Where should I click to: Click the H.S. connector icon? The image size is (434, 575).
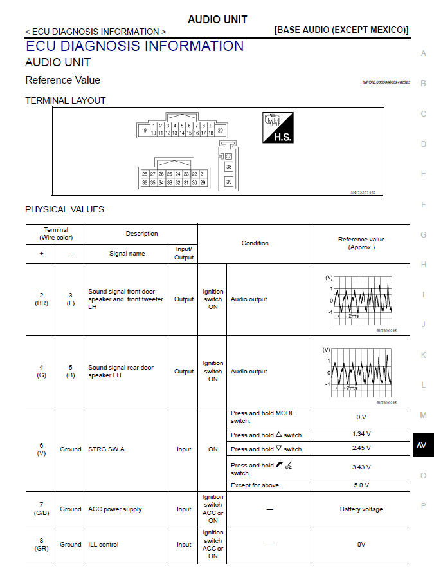coord(278,127)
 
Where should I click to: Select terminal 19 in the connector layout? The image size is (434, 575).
coord(144,130)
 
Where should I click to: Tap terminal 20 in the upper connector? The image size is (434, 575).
coord(220,130)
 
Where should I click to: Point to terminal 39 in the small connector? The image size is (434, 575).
coord(228,182)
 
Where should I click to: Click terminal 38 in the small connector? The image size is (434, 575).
coord(228,167)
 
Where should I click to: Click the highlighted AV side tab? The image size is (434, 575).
coord(422,445)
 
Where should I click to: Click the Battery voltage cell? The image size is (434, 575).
coord(361,509)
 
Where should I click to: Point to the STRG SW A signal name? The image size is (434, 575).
coord(106,449)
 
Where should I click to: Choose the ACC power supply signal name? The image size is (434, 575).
coord(114,509)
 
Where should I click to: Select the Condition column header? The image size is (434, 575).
coord(255,243)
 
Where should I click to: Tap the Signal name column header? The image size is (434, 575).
coord(127,254)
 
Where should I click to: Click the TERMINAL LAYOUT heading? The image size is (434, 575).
coord(65,100)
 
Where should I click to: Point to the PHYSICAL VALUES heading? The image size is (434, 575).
coord(64,209)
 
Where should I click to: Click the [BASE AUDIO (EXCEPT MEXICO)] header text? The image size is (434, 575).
coord(341,30)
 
